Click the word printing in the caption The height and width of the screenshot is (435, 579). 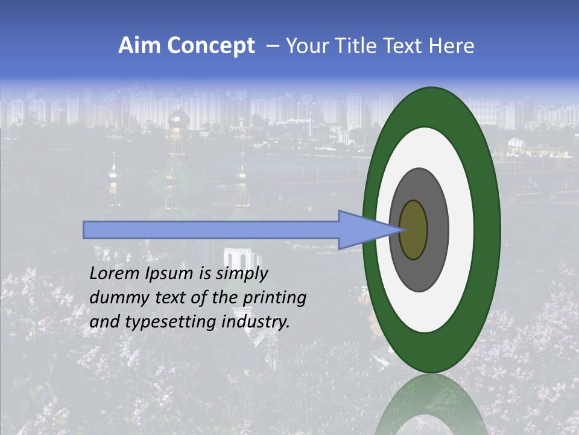coord(274,298)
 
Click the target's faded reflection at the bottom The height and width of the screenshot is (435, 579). coord(431,408)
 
